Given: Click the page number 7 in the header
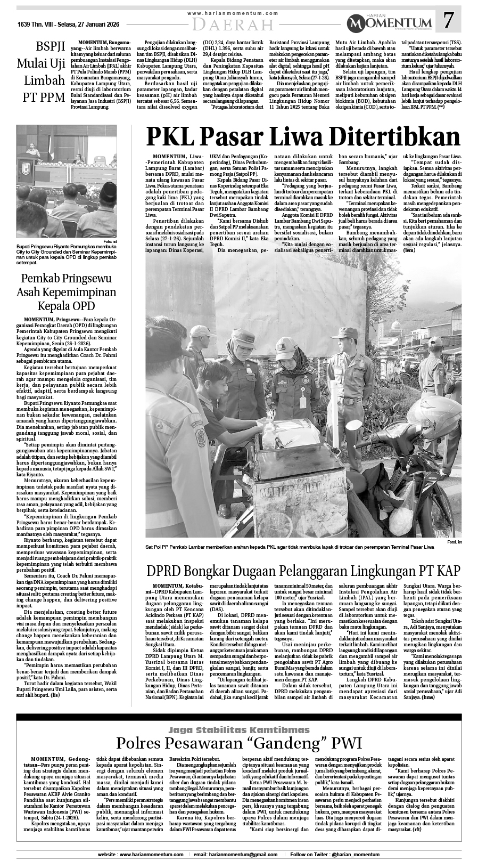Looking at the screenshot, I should [x=449, y=21].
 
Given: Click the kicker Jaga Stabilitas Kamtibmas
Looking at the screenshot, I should [x=239, y=729].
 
